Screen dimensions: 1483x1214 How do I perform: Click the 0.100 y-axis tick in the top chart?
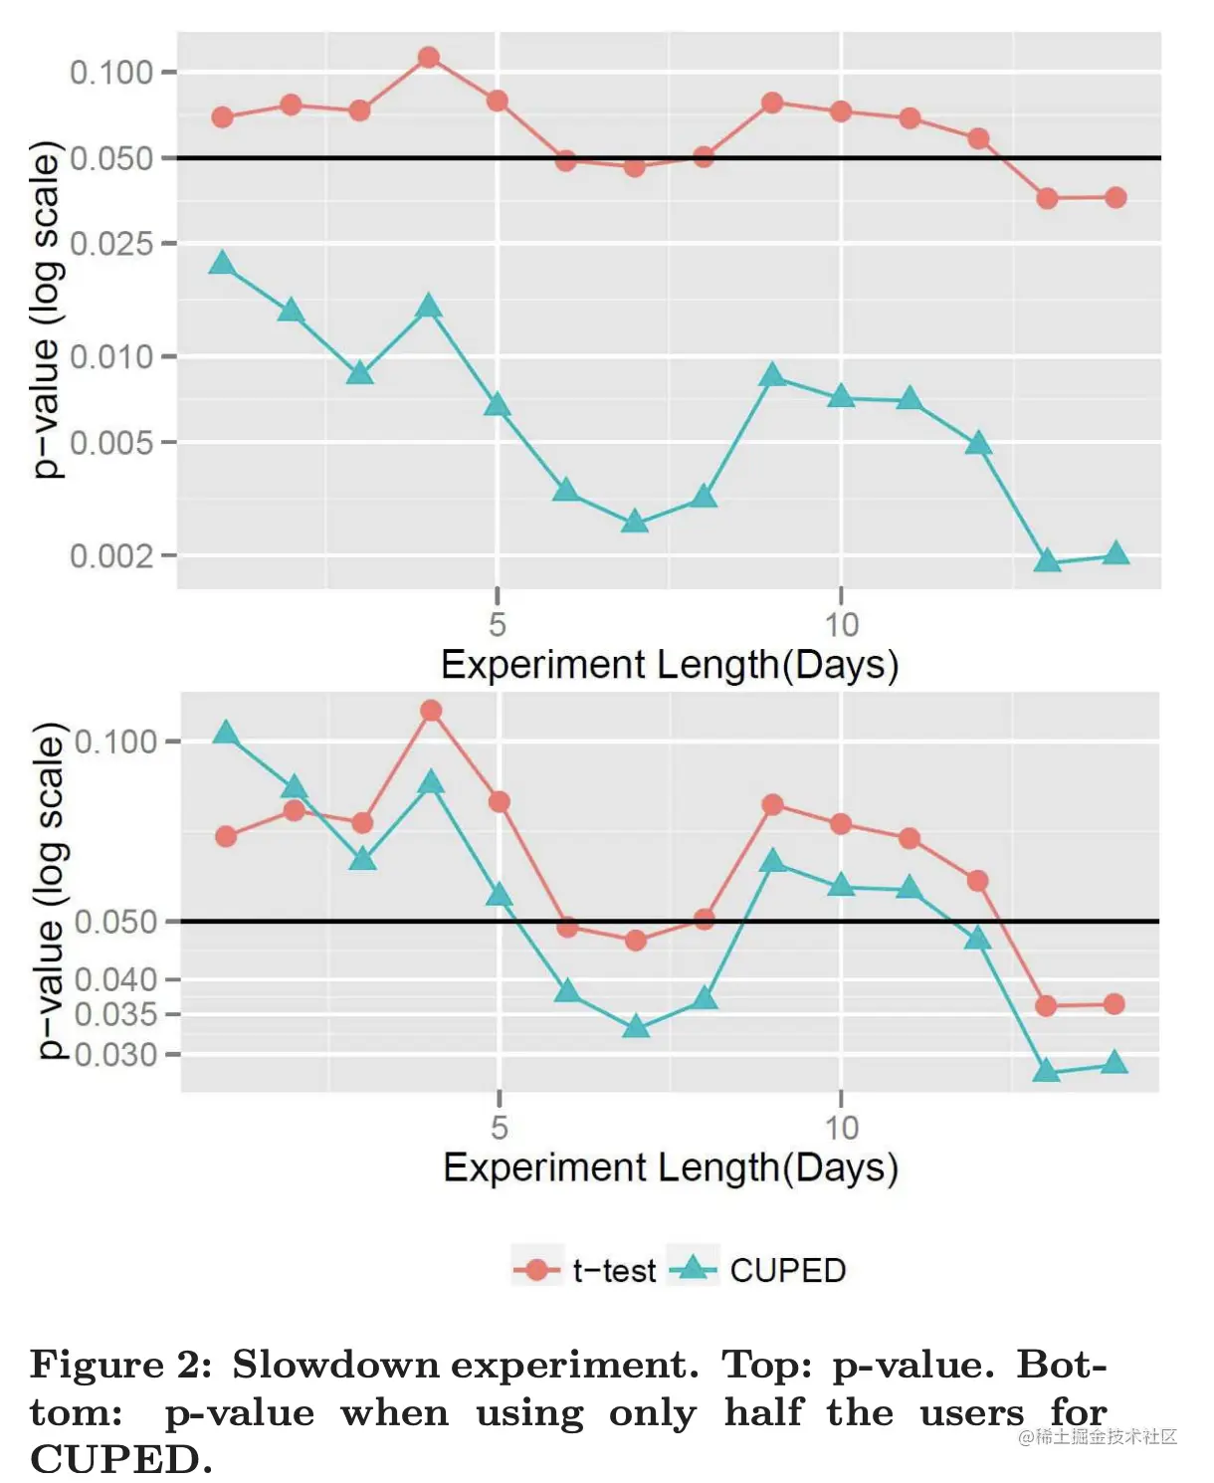[111, 72]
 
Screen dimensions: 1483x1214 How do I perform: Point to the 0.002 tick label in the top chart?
[111, 555]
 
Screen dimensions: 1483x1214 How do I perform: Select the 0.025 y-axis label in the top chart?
[111, 243]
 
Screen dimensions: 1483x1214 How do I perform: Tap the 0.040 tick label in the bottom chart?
[115, 979]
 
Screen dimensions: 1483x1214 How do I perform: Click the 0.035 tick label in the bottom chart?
[115, 1014]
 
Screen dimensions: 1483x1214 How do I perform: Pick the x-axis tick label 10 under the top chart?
[841, 625]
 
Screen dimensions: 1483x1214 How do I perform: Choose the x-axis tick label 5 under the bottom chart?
[500, 1128]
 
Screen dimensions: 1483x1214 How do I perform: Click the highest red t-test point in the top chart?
[429, 57]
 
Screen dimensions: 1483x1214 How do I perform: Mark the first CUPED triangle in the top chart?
[222, 263]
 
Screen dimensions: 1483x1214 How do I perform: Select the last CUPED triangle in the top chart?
[1115, 553]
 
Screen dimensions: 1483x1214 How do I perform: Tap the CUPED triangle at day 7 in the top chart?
[635, 522]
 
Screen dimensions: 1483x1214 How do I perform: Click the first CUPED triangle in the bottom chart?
[226, 734]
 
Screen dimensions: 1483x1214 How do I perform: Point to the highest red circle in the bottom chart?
[431, 710]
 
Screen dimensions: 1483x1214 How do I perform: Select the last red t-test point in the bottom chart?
[1114, 1004]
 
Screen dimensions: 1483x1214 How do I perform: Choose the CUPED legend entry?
[758, 1270]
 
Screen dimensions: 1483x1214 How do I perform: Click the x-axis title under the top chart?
[669, 665]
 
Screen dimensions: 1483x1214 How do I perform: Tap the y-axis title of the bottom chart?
[50, 891]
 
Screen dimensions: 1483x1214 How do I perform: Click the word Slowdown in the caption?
[335, 1365]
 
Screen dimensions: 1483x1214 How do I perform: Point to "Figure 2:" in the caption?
[120, 1365]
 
